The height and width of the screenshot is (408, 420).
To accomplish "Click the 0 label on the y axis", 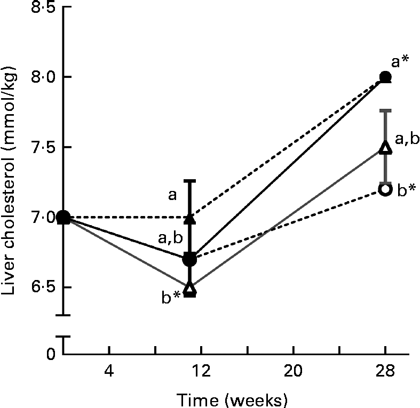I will coord(50,353).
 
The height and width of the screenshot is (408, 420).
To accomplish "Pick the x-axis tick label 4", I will coord(109,370).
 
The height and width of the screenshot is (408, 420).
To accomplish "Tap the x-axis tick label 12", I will coord(201,370).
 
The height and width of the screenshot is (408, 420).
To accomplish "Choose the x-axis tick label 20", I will coord(294,370).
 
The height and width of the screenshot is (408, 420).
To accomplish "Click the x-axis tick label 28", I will coord(385,370).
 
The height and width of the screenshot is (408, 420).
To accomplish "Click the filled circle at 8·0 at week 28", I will coord(385,77).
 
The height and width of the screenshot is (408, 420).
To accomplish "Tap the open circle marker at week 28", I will coord(385,189).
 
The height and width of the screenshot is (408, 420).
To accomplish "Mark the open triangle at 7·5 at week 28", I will coord(385,148).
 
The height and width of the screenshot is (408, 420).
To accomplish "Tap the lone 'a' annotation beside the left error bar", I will coord(172,196).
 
